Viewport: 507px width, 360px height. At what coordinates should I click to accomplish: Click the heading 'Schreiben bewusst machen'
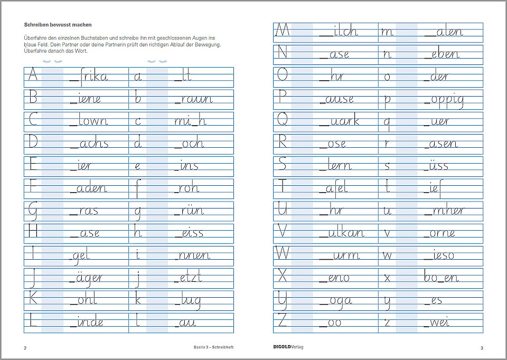pyautogui.click(x=58, y=25)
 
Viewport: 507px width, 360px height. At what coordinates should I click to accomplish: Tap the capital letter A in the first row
pyautogui.click(x=32, y=76)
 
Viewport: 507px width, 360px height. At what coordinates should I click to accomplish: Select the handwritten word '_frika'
pyautogui.click(x=88, y=76)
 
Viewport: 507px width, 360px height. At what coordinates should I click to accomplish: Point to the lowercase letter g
pyautogui.click(x=138, y=212)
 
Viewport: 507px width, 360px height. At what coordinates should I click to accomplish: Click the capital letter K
pyautogui.click(x=32, y=299)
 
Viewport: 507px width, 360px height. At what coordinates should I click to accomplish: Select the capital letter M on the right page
pyautogui.click(x=283, y=31)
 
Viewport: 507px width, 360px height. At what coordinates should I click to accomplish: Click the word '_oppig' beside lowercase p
pyautogui.click(x=444, y=99)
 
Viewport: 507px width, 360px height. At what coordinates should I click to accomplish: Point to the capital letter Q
pyautogui.click(x=283, y=121)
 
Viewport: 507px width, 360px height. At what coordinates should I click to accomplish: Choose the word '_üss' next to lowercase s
pyautogui.click(x=436, y=166)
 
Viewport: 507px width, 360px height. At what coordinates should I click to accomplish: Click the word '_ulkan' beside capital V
pyautogui.click(x=341, y=233)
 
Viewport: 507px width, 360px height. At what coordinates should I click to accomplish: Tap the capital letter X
pyautogui.click(x=283, y=277)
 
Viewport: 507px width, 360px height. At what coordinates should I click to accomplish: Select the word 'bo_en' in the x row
pyautogui.click(x=441, y=277)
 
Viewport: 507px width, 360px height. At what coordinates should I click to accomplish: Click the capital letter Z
pyautogui.click(x=283, y=321)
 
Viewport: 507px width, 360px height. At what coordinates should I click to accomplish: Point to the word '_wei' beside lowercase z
pyautogui.click(x=436, y=321)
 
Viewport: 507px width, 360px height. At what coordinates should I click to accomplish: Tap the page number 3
pyautogui.click(x=482, y=347)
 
